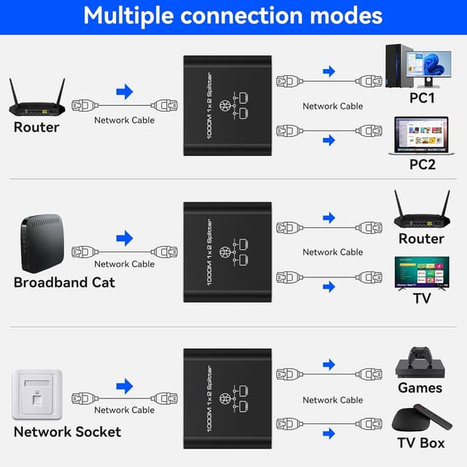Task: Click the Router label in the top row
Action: (x=36, y=128)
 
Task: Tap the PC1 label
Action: (x=421, y=97)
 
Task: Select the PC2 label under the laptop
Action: (x=421, y=164)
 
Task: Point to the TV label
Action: (x=422, y=298)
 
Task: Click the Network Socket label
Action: (x=67, y=431)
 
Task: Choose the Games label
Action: (x=420, y=387)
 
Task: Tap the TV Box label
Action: (x=421, y=442)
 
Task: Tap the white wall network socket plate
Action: (x=37, y=394)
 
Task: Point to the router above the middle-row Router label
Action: (x=421, y=212)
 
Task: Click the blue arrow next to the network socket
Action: (x=125, y=385)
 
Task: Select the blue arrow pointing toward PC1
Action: (x=328, y=71)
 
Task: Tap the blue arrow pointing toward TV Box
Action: (x=328, y=433)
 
